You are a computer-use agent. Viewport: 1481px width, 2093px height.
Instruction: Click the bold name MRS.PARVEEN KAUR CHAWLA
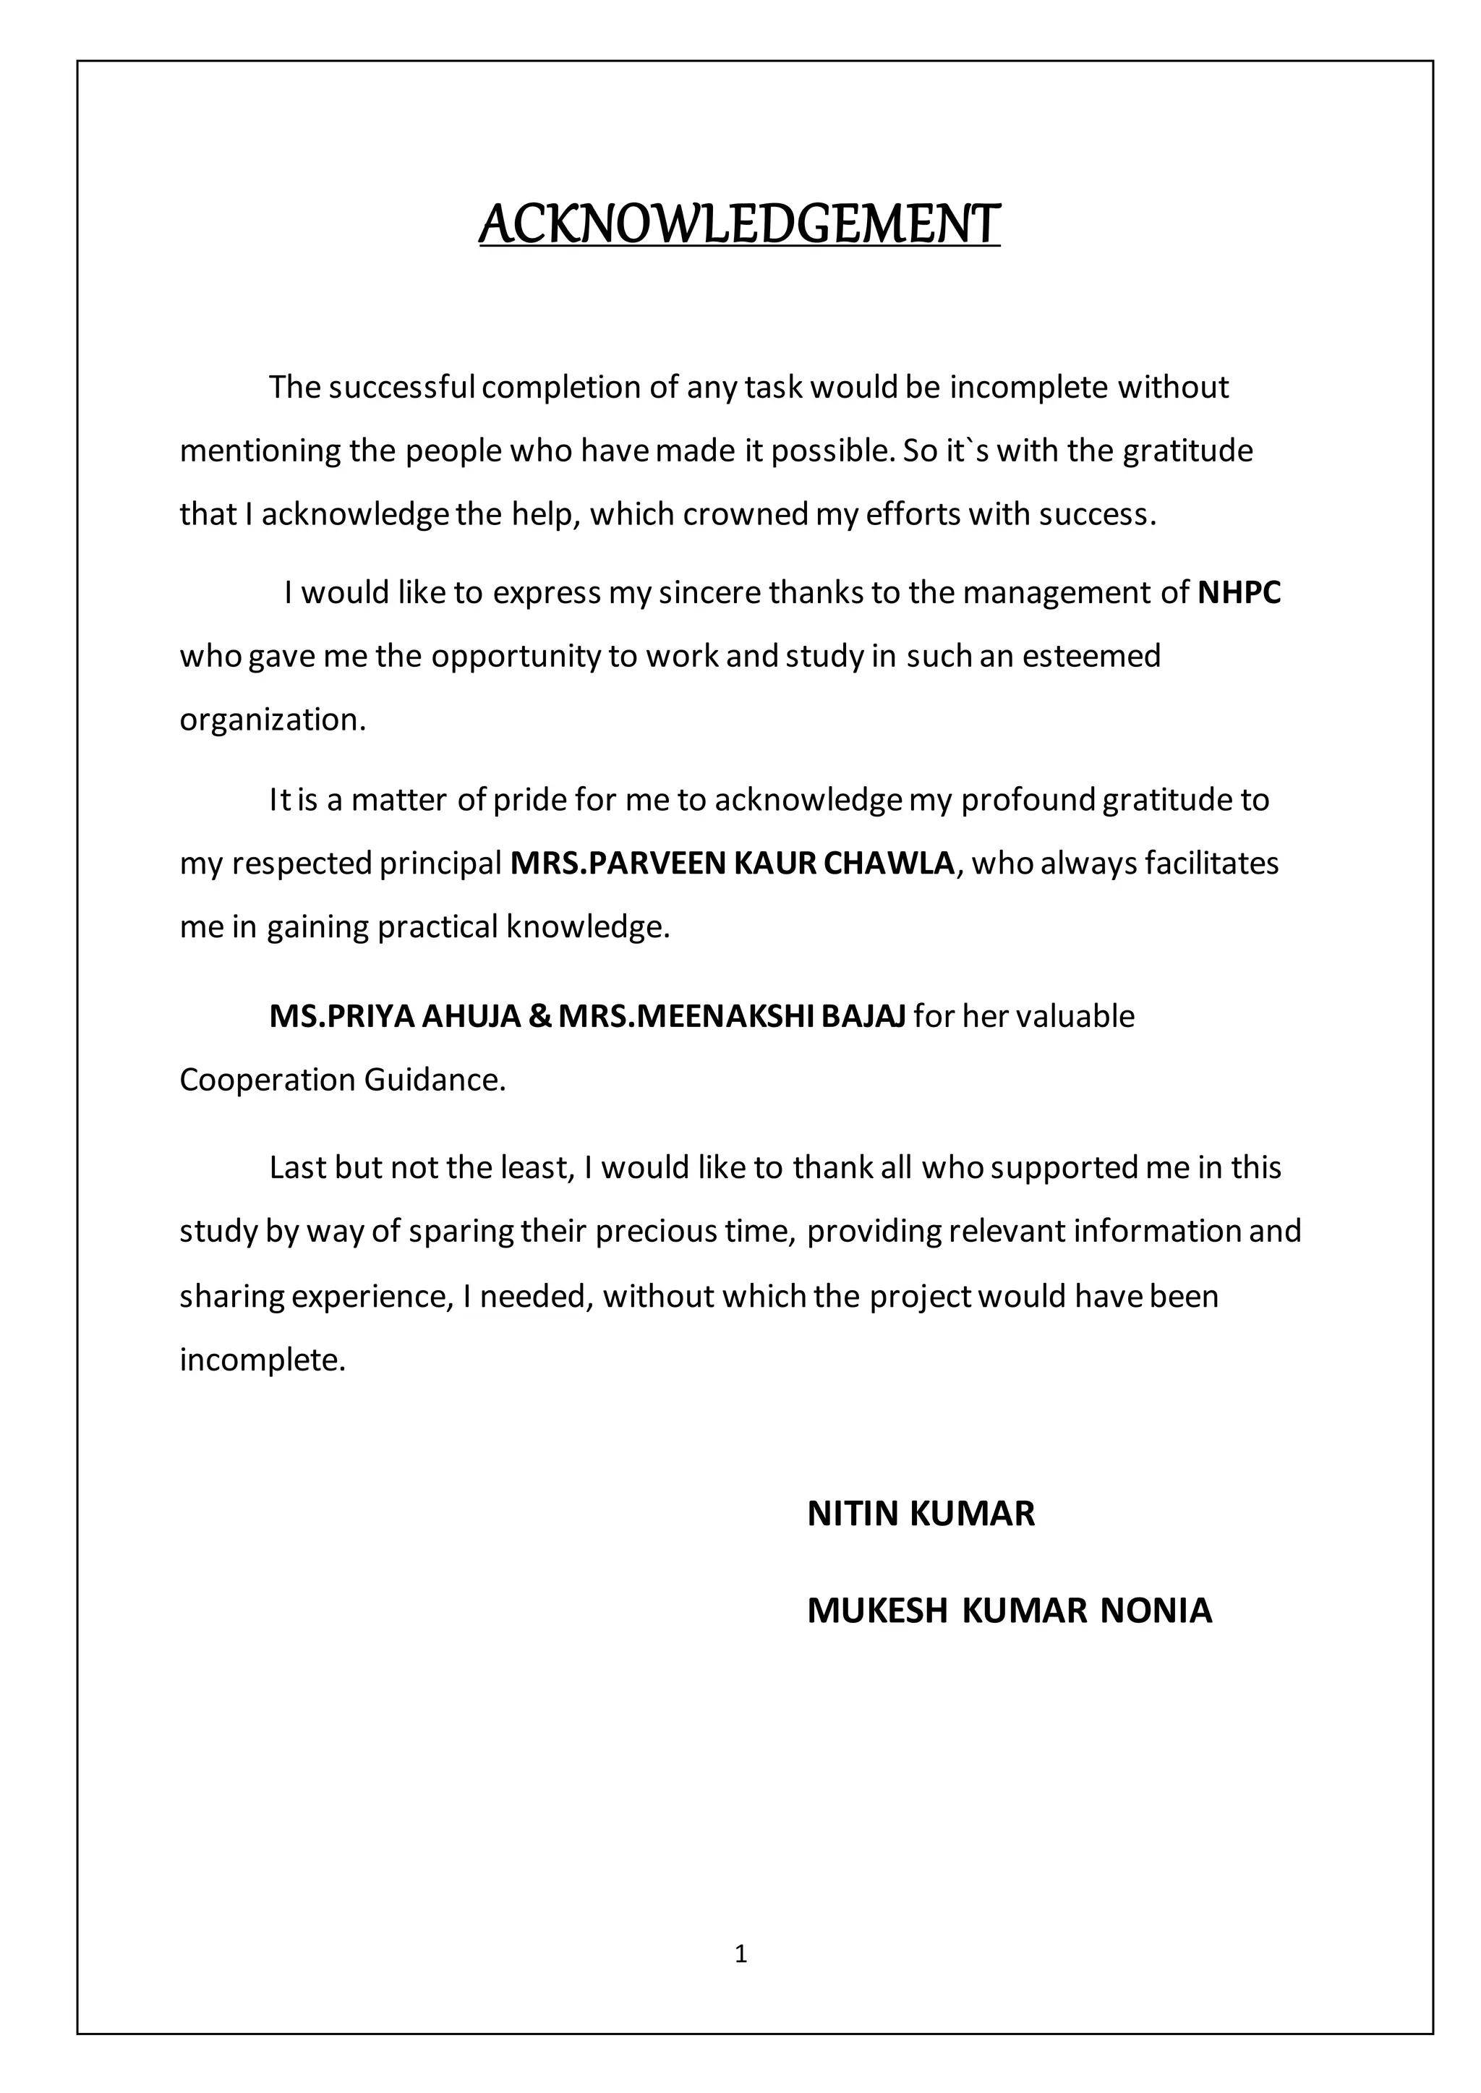pyautogui.click(x=733, y=863)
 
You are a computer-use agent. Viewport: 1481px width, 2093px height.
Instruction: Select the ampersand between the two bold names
pyautogui.click(x=539, y=1016)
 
